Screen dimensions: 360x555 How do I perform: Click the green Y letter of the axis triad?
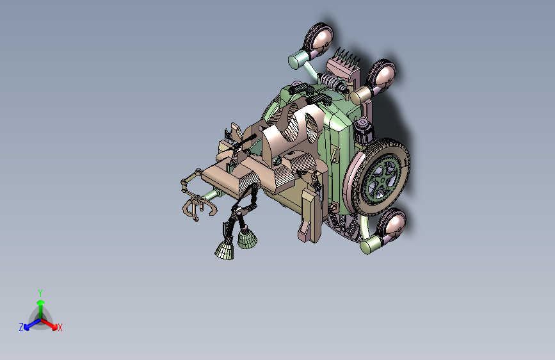pos(40,291)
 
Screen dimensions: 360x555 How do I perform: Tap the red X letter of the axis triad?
pos(60,328)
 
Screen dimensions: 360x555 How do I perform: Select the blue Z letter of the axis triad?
pos(21,327)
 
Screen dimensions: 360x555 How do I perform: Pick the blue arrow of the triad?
pos(29,324)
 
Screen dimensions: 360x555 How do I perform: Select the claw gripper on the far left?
pos(195,206)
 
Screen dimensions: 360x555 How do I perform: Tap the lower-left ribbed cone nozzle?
pos(225,250)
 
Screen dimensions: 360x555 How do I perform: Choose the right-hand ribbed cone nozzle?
pos(247,240)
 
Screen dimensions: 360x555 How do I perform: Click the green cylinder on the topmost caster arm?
pos(298,61)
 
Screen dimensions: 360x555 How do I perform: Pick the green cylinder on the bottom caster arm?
pos(371,245)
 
